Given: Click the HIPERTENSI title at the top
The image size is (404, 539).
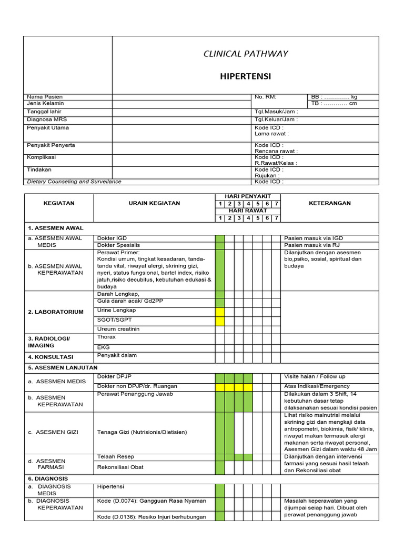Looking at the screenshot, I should [x=245, y=76].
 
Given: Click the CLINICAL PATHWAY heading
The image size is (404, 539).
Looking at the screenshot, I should [x=245, y=54].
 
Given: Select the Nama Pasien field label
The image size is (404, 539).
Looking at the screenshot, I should [x=45, y=97].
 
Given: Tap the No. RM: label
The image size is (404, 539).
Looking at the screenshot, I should [x=265, y=97].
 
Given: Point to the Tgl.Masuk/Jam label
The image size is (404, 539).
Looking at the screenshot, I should [x=276, y=112].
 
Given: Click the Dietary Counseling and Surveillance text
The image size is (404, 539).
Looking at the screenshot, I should [x=74, y=182].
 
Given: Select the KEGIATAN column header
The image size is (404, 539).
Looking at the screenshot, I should [x=59, y=203].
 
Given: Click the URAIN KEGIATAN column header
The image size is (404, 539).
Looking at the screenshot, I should [x=154, y=203].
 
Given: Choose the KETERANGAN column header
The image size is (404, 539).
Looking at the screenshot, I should [x=329, y=203].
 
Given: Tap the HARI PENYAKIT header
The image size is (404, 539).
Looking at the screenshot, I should [x=247, y=196].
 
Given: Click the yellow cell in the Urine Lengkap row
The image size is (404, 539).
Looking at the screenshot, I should [x=220, y=312].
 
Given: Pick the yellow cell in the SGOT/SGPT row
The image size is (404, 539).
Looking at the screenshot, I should [x=220, y=321].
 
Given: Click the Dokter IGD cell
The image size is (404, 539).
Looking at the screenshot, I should [x=112, y=238].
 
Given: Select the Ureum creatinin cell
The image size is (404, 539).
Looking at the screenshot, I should [x=118, y=329].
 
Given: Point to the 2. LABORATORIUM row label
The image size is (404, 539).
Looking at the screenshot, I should [x=56, y=312].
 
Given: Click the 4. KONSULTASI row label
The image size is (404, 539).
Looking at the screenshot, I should [x=50, y=357].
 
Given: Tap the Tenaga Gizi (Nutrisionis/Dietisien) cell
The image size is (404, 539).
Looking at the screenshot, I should [x=142, y=432].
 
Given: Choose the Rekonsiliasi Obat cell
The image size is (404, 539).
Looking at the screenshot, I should [x=120, y=467].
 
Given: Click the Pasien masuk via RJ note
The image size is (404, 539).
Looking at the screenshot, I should [x=312, y=245].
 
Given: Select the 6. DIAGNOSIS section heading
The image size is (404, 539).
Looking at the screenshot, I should [x=49, y=479].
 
